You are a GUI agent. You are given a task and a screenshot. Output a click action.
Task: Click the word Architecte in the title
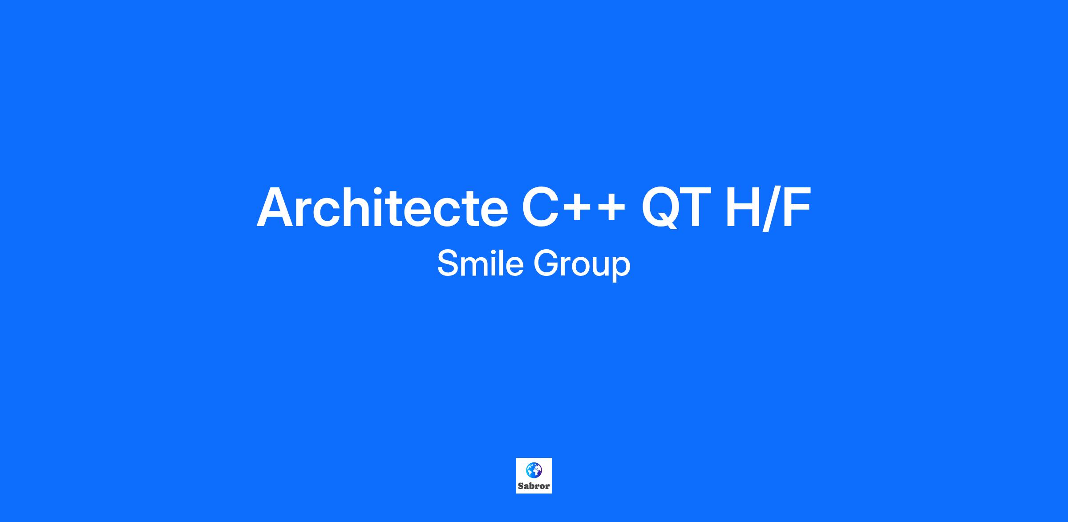point(382,207)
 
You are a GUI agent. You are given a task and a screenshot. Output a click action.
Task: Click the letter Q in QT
point(661,208)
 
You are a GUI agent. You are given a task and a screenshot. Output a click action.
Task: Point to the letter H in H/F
point(744,207)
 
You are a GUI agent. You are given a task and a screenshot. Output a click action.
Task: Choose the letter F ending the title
point(797,207)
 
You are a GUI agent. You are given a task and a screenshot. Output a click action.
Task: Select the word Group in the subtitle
point(582,265)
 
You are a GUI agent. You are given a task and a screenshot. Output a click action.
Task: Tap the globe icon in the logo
point(534,469)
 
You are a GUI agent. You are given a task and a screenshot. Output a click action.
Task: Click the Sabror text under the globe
point(534,486)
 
